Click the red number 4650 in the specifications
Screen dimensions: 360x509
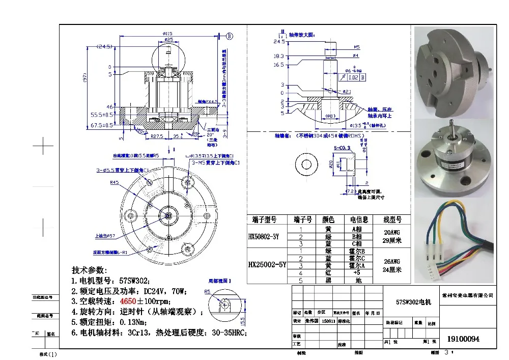coord(128,301)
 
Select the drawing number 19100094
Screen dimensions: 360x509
coord(463,339)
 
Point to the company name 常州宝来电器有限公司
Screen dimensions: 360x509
coord(468,295)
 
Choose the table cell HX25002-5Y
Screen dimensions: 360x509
coord(267,265)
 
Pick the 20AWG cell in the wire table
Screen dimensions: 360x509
coord(392,232)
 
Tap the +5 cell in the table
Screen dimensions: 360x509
coord(358,272)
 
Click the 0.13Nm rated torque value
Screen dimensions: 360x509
coord(134,322)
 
